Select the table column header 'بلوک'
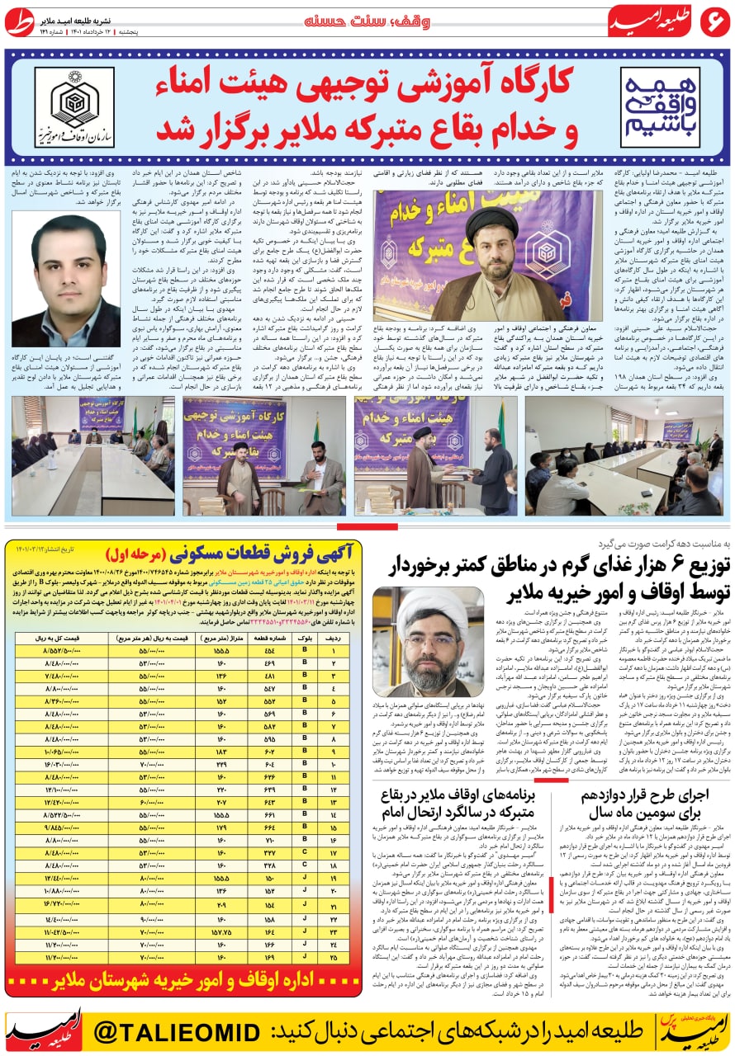click(x=304, y=639)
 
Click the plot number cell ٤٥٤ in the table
click(x=268, y=652)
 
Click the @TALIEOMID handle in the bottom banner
click(x=178, y=1031)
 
